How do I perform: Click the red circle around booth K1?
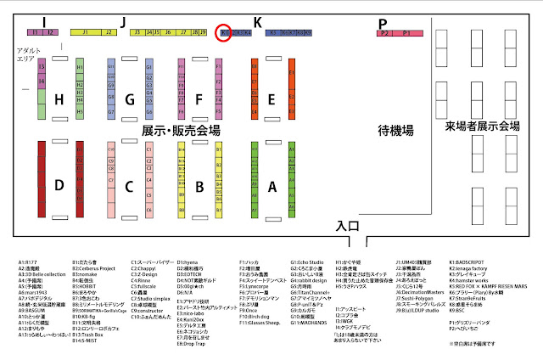pos(226,33)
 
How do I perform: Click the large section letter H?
pos(59,100)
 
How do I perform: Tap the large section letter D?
pos(59,184)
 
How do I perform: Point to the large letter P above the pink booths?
pos(383,23)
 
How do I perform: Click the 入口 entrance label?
pos(349,227)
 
